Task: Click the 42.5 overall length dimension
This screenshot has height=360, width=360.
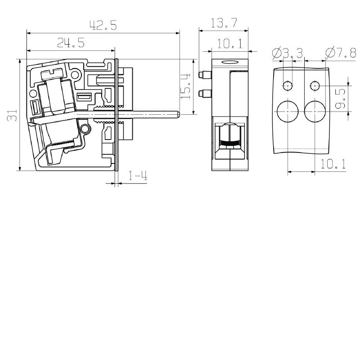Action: point(103,26)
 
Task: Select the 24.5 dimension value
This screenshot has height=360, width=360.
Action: point(71,43)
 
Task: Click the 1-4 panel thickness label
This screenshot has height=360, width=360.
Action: point(138,176)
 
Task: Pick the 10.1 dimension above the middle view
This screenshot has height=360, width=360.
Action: point(229,44)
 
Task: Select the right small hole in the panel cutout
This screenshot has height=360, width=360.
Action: point(315,85)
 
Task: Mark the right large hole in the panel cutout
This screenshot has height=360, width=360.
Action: point(315,111)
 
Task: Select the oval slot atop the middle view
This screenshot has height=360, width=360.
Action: point(229,63)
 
